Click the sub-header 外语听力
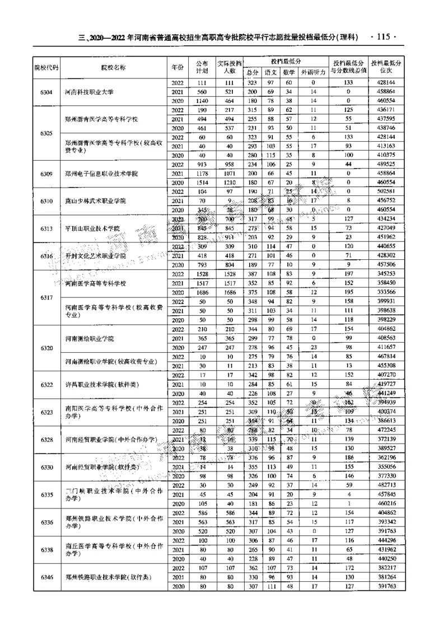tap(314, 72)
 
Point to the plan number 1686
tap(202, 292)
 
